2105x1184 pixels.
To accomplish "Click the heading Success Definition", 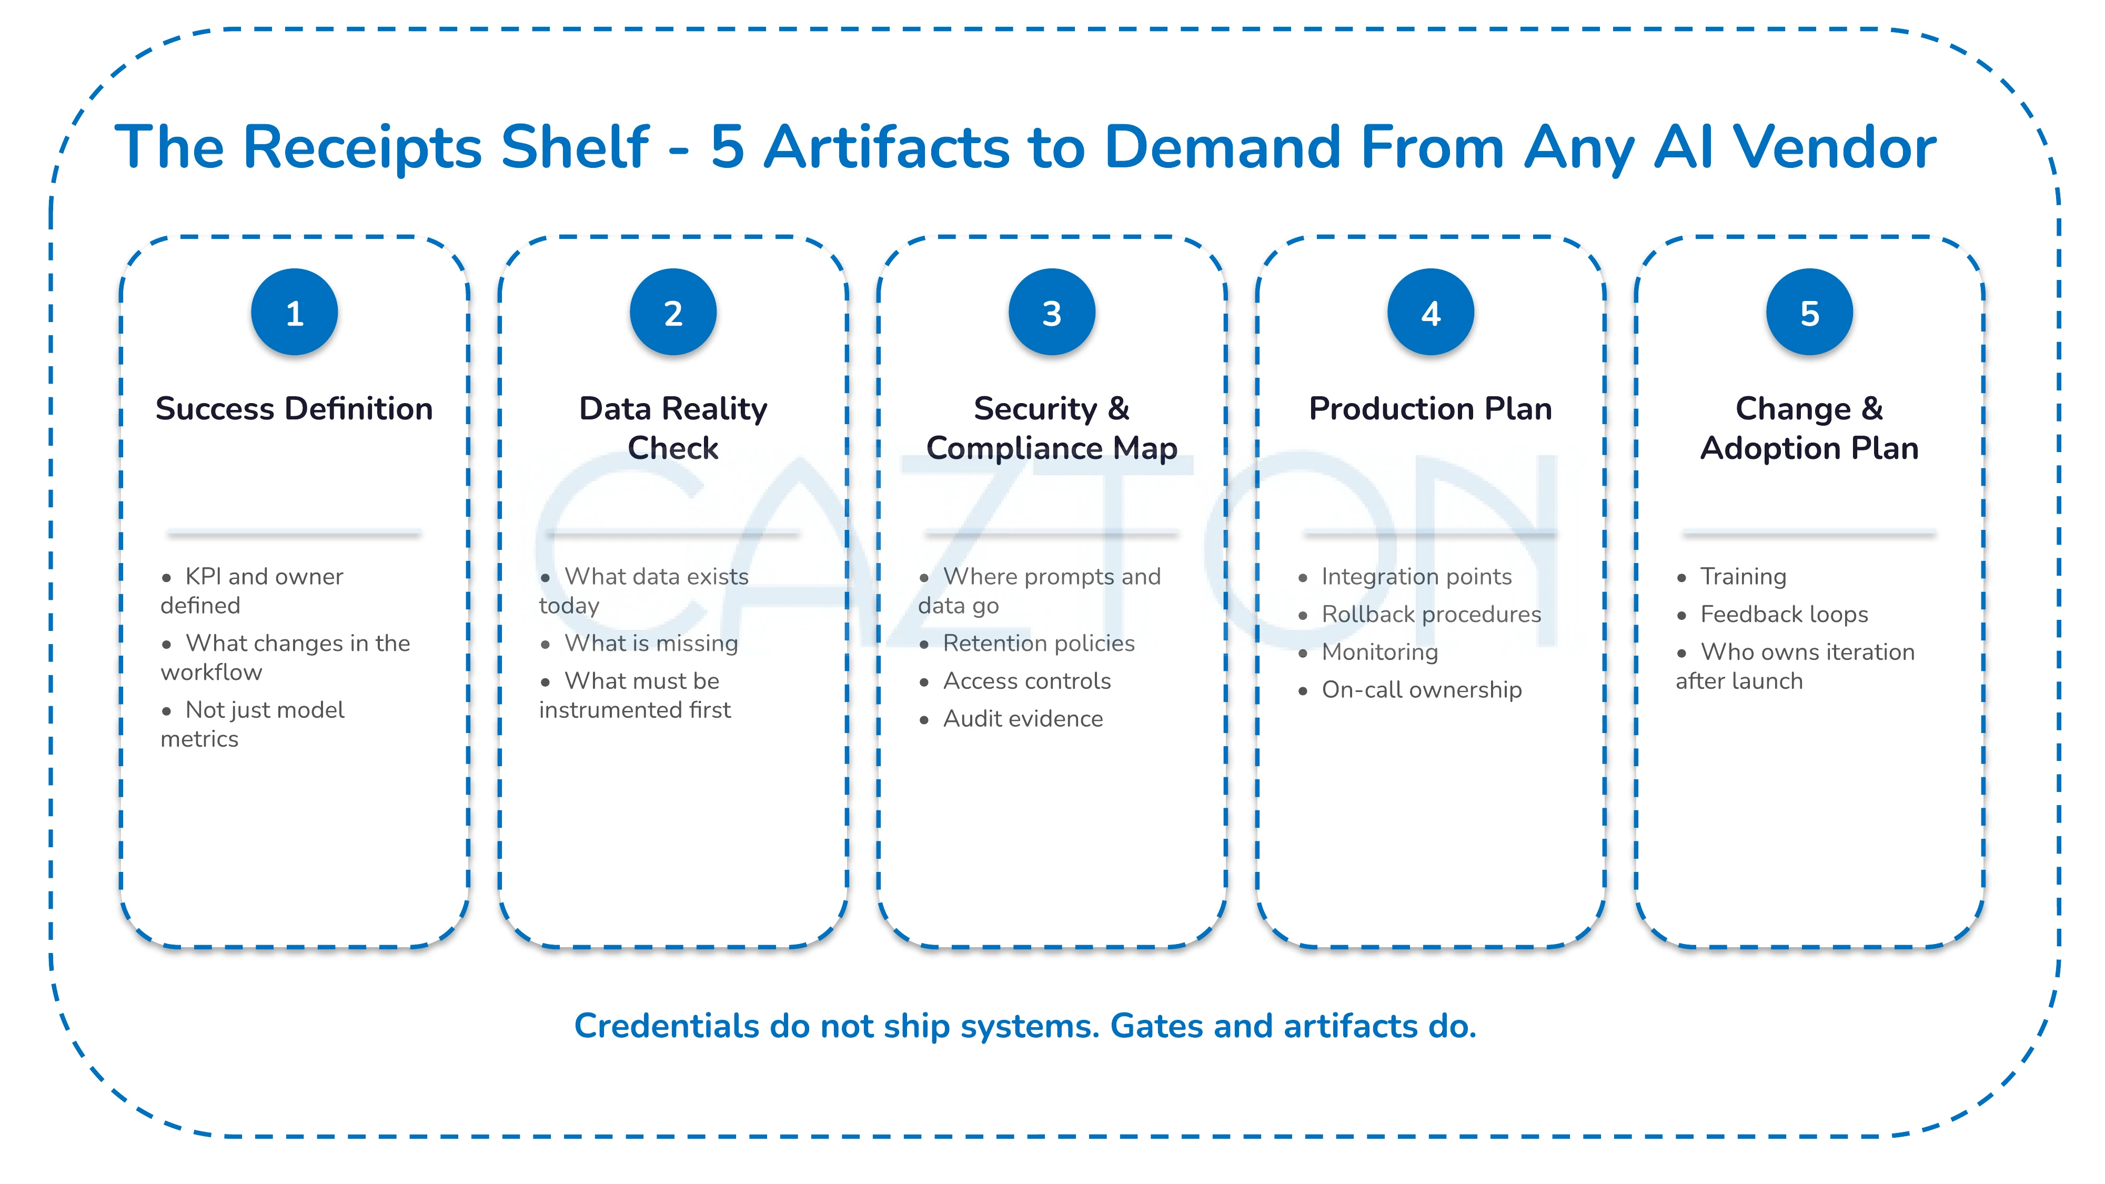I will point(294,408).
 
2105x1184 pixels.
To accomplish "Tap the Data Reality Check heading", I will point(672,428).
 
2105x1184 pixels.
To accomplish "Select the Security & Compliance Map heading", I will point(1052,428).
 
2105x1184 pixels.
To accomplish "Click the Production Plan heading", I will point(1430,408).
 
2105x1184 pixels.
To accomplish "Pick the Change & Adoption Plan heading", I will point(1809,428).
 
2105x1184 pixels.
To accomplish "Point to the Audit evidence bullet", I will point(1022,718).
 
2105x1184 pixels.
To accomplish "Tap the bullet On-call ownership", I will point(1421,690).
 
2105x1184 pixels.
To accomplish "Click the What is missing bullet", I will point(650,643).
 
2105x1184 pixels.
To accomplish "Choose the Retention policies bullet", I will point(1038,643).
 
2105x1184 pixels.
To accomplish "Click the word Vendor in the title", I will point(1835,147).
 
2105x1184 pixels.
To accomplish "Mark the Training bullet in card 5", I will point(1743,577).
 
